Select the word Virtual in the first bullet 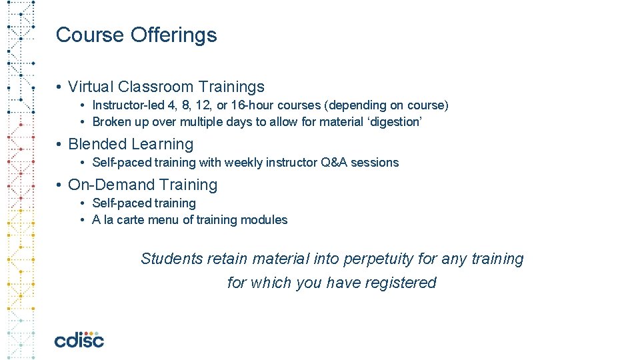(x=91, y=87)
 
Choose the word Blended (x=97, y=144)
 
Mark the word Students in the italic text (x=171, y=259)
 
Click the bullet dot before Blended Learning (x=60, y=145)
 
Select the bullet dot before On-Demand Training (x=60, y=185)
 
